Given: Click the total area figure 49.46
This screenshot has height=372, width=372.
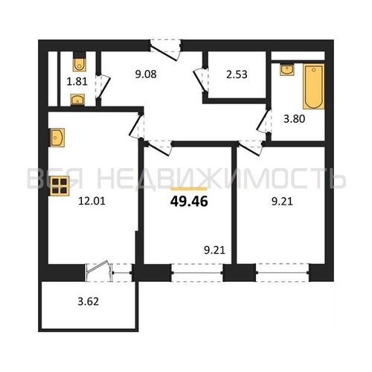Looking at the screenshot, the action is click(189, 202).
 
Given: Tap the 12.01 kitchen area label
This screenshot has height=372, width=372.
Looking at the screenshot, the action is click(92, 201).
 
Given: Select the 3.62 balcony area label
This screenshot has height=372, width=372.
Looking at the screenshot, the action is click(89, 301).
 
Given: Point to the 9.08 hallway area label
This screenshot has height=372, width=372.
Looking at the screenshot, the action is click(146, 74).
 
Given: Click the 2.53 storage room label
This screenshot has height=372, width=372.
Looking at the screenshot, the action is click(237, 74).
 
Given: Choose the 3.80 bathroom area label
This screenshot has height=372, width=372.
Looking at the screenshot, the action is click(294, 119).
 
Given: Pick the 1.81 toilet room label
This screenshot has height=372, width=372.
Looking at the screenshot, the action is click(77, 81).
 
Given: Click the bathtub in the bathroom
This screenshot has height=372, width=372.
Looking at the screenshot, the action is click(314, 86).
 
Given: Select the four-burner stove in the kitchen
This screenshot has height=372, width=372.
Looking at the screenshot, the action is click(60, 186).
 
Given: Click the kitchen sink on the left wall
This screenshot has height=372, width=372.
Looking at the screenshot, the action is click(57, 138).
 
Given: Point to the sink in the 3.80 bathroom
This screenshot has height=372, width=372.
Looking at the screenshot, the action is click(287, 69).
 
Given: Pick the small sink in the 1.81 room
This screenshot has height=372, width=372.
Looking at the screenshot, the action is click(77, 100).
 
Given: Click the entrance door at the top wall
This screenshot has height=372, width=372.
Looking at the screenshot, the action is click(166, 51).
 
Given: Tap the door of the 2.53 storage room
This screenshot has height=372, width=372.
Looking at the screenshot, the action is click(200, 80).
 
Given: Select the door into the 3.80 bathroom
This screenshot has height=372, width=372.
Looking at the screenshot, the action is click(263, 121).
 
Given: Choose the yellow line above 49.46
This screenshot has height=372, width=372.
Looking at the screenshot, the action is click(189, 189).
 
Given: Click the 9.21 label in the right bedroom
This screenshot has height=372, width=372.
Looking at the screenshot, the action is click(282, 202).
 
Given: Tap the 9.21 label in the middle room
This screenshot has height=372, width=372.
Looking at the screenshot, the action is click(215, 250).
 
